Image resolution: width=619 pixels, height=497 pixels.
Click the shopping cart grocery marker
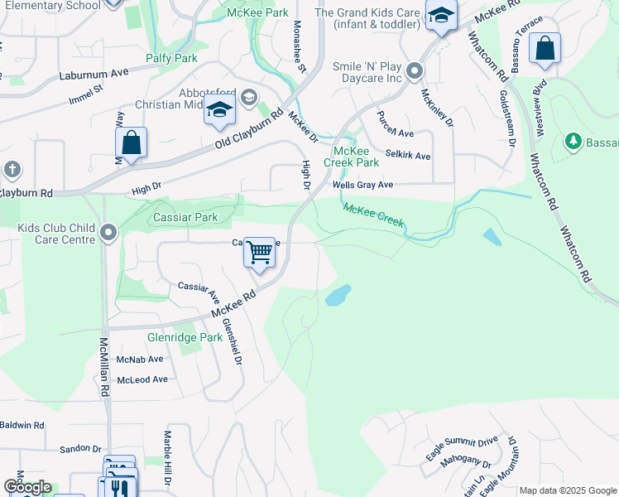click(260, 252)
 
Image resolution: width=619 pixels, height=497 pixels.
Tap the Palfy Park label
click(171, 59)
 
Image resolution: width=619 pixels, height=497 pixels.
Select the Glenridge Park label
click(185, 338)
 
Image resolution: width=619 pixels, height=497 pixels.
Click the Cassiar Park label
click(185, 218)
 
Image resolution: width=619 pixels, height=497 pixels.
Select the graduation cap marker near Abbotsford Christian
click(219, 111)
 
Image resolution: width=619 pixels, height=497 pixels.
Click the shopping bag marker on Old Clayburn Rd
click(131, 142)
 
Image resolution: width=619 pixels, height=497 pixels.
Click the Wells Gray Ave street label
click(362, 186)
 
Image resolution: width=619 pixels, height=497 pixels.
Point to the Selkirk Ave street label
click(408, 156)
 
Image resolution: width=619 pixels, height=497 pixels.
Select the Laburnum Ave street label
click(94, 75)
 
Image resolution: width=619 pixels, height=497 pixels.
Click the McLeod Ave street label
click(142, 380)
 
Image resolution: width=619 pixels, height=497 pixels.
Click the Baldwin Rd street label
click(22, 425)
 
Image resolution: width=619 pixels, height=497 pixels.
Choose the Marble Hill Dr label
click(168, 451)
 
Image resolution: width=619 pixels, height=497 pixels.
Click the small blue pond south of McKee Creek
click(338, 295)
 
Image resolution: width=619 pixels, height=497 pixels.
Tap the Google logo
click(27, 487)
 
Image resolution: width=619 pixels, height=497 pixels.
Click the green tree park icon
click(573, 142)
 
